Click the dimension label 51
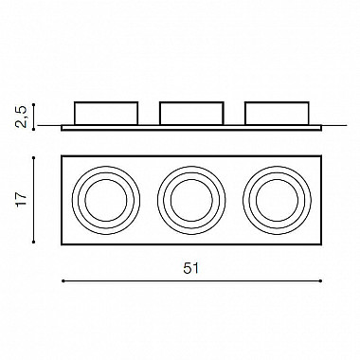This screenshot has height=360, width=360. point(191,268)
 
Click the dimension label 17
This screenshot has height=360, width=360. point(22,199)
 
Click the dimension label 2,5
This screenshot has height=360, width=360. point(21,117)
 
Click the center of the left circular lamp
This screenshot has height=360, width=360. point(106,200)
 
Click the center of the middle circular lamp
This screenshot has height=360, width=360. point(191,200)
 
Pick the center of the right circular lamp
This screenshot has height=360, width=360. point(278,200)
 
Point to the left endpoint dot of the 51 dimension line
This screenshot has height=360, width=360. point(63,280)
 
